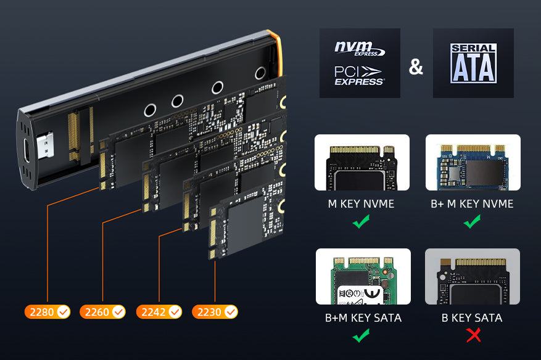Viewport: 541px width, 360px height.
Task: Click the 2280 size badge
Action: (47, 312)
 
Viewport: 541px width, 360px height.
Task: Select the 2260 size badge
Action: (102, 312)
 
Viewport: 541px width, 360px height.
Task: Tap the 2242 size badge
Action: (159, 312)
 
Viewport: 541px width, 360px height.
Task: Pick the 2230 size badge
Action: (215, 312)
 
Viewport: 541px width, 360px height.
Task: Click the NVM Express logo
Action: (360, 49)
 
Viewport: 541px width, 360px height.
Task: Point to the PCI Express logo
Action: (359, 76)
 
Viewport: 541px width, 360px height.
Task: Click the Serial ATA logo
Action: (473, 63)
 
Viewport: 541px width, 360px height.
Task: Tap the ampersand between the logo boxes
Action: (416, 67)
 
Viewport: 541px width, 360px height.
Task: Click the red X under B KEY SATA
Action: (473, 335)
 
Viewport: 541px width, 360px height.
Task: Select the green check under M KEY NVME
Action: (361, 221)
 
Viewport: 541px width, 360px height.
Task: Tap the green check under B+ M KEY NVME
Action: (472, 221)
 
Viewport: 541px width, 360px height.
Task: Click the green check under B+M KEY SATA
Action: (361, 335)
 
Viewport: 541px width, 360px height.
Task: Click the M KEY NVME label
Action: (361, 204)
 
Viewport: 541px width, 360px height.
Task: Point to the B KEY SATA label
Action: (472, 317)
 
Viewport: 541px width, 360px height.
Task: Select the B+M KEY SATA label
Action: (363, 317)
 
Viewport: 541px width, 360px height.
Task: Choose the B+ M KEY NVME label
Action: (472, 204)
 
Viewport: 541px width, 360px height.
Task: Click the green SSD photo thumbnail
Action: (363, 276)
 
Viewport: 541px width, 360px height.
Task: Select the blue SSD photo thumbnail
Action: (473, 162)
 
